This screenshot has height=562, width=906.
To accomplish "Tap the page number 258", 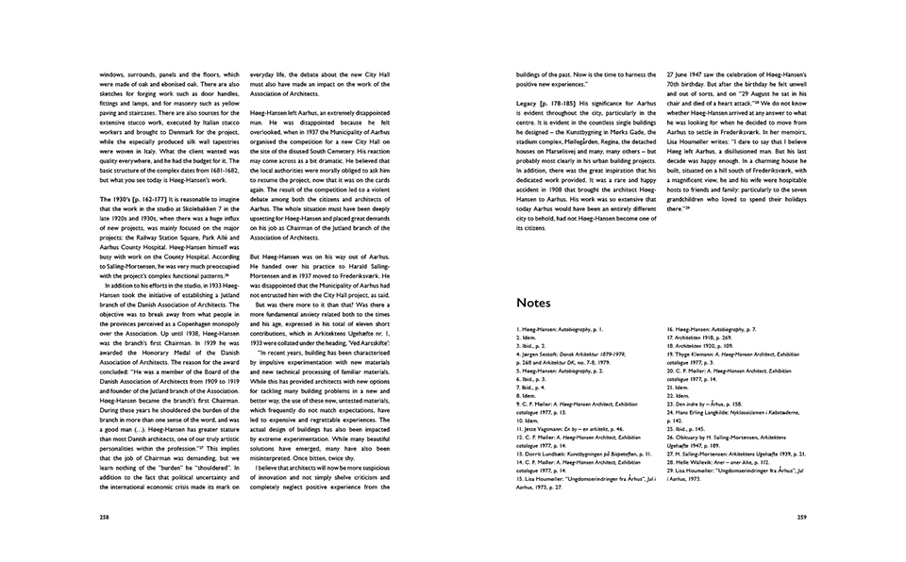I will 104,518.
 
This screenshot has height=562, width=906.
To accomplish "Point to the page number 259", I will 800,518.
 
